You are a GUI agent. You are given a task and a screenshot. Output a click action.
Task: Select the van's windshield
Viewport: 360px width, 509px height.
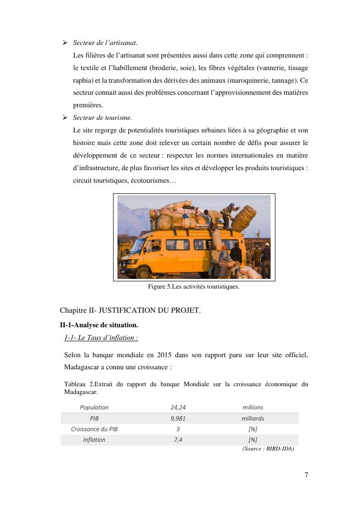[x=138, y=246]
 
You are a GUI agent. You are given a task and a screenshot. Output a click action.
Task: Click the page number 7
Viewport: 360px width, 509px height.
[x=306, y=475]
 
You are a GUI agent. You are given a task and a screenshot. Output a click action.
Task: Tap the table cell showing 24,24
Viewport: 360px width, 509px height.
[x=178, y=407]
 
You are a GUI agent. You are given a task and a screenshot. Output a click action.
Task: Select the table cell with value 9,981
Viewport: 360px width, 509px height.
[x=178, y=419]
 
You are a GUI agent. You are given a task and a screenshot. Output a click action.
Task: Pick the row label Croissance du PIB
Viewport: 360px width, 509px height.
[x=94, y=429]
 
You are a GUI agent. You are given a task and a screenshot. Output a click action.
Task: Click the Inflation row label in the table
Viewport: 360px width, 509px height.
[x=94, y=440]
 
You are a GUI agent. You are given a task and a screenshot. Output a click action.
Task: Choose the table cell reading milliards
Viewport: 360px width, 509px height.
[x=253, y=419]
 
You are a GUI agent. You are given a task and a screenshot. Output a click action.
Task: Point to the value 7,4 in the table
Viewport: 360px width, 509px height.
[x=178, y=440]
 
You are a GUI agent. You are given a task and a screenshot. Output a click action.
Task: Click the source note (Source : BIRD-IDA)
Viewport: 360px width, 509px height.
[x=268, y=448]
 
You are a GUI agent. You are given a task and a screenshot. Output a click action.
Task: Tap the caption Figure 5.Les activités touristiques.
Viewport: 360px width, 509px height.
[x=194, y=287]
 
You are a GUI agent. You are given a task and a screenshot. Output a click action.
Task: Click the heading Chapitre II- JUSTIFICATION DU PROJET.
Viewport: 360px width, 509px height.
[x=130, y=310]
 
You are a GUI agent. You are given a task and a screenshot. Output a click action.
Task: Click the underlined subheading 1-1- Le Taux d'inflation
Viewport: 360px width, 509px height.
[x=101, y=337]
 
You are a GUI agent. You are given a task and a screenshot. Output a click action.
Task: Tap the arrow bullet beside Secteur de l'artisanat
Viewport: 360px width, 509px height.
[x=65, y=43]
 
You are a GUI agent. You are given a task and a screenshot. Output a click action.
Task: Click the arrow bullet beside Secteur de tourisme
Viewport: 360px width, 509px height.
[x=65, y=117]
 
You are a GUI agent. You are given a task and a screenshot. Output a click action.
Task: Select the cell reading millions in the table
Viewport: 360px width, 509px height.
[x=253, y=407]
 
